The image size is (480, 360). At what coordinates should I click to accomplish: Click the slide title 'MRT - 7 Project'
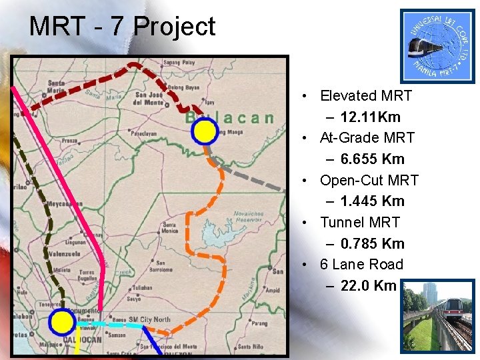point(122,27)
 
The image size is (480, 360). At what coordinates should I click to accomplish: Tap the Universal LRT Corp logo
point(437,45)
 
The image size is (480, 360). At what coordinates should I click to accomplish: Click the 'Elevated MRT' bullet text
point(365,96)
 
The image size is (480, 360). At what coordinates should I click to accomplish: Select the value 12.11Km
point(370,117)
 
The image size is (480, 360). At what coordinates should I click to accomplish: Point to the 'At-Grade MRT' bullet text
point(367,138)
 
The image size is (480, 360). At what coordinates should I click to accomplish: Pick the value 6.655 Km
point(372,159)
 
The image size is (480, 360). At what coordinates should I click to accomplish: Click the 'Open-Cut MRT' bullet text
point(369,181)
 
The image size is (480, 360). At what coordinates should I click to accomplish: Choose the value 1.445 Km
point(372,201)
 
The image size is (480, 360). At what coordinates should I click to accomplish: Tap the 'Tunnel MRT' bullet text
point(359,223)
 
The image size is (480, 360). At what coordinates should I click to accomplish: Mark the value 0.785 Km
point(372,244)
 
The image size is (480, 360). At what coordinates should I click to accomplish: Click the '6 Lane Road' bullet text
point(361,265)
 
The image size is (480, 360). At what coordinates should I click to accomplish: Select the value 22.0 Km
point(368,286)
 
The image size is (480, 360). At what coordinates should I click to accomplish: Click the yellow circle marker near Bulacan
point(205,132)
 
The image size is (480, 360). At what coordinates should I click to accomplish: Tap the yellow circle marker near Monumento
point(62,322)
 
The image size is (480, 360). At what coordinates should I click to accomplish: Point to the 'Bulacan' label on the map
point(230,118)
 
